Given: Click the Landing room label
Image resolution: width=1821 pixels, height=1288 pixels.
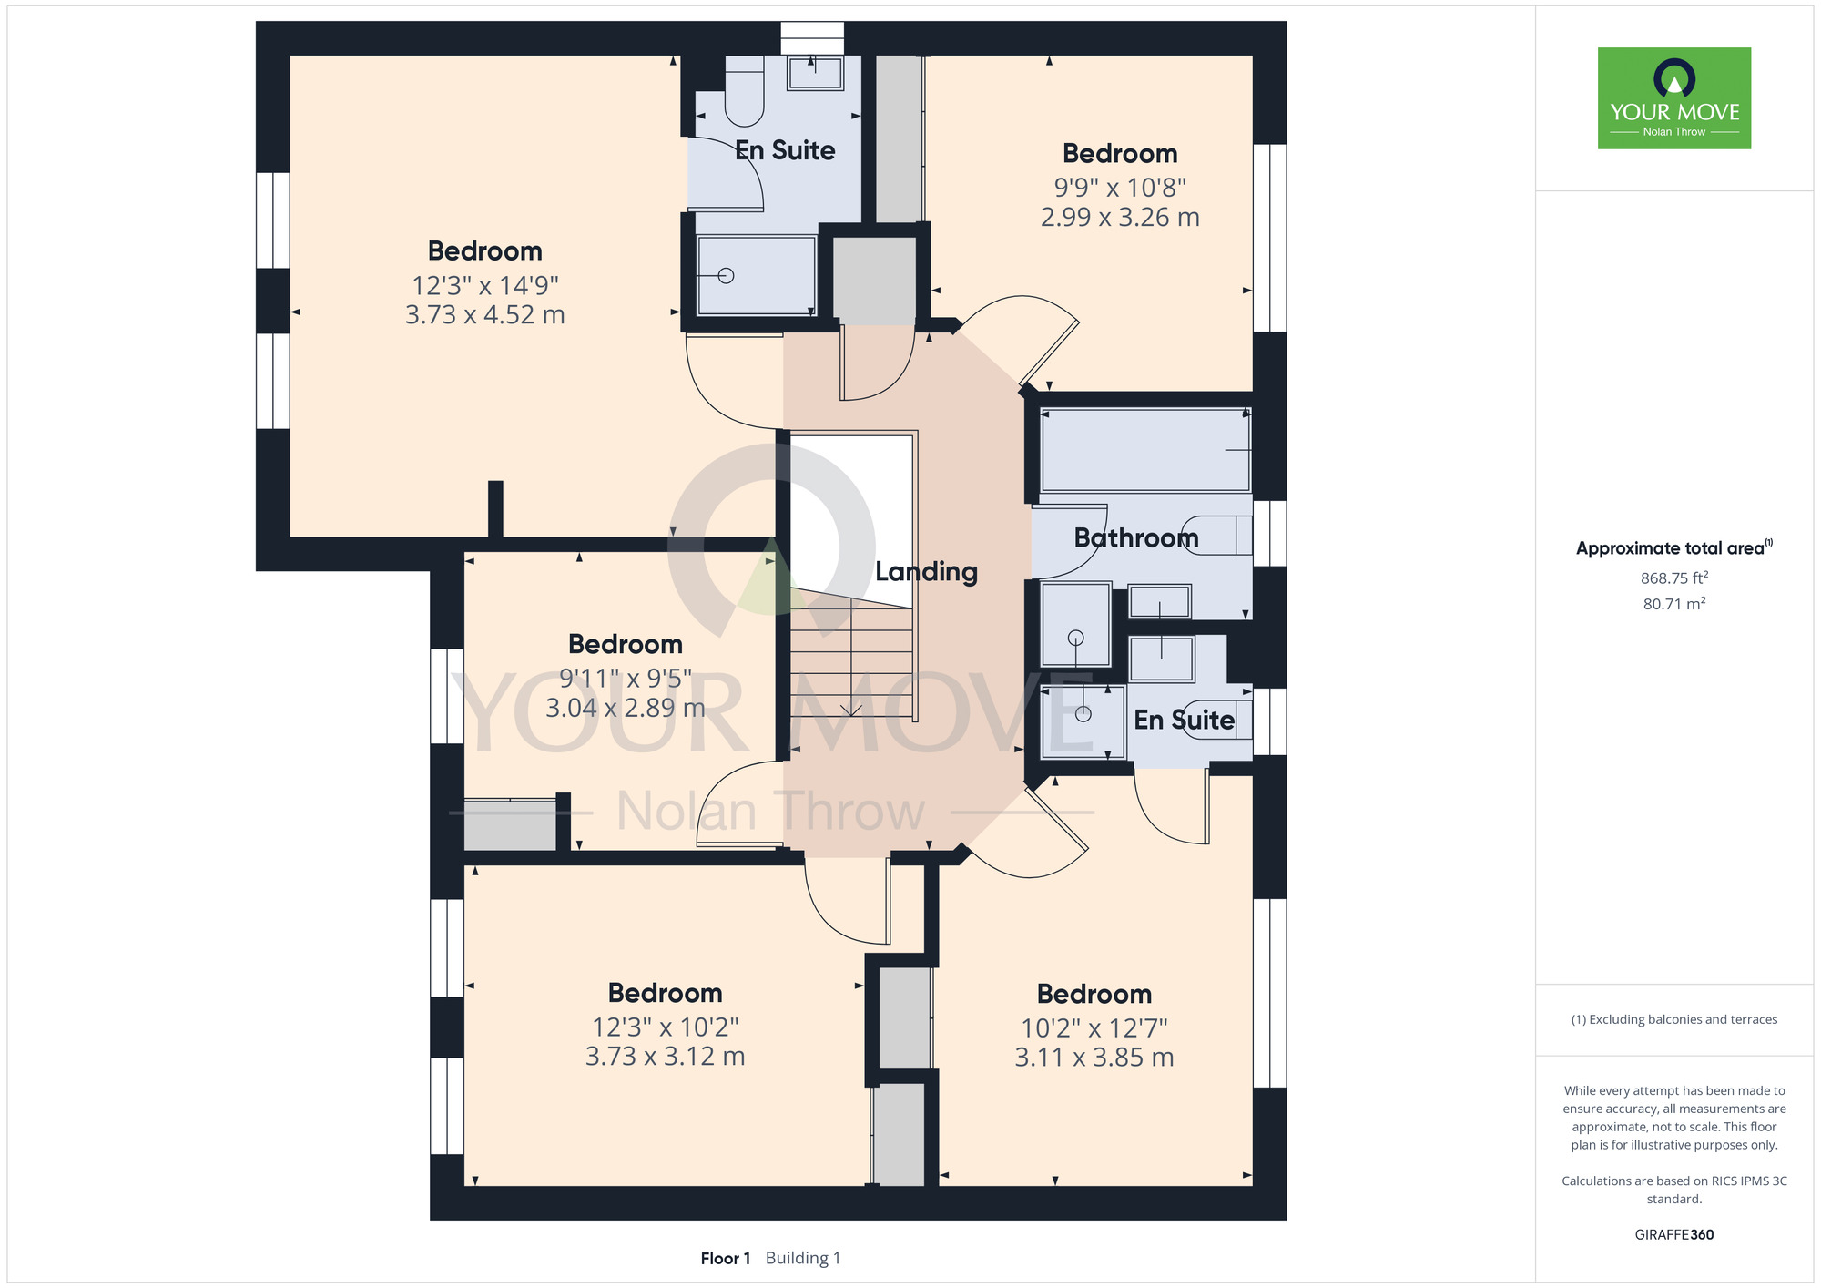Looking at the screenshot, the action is tap(926, 572).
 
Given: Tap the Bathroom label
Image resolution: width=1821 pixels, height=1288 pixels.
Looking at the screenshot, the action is tap(1136, 537).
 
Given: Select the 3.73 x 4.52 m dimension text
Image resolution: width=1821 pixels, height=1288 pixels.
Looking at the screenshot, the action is tap(485, 315).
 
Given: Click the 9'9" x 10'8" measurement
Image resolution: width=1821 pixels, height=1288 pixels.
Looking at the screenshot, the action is tap(1120, 188).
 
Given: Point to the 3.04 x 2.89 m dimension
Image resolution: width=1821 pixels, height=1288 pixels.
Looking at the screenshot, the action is tap(626, 708).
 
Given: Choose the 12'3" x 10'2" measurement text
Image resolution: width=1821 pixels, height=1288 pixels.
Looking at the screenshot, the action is tap(666, 1027).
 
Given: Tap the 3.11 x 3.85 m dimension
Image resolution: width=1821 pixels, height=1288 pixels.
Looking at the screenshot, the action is tap(1094, 1058).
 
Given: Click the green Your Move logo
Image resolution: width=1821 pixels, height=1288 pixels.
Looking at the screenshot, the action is tap(1674, 98).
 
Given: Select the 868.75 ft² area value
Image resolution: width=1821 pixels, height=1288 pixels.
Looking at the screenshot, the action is tap(1674, 578).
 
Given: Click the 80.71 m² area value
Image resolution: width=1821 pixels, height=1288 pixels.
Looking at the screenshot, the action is tap(1674, 603).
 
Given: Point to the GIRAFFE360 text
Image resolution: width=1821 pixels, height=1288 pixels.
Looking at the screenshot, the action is tap(1674, 1235).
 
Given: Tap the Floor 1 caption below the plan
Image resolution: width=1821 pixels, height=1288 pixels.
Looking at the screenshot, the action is tap(726, 1258).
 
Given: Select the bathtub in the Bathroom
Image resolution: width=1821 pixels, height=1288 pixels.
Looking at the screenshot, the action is tap(1145, 450).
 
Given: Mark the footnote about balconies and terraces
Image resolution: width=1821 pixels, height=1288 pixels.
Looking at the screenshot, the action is tap(1674, 1019).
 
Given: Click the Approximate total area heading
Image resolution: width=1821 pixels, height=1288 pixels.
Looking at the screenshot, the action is tap(1674, 547).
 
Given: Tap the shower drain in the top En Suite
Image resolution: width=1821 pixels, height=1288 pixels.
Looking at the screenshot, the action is tap(726, 275).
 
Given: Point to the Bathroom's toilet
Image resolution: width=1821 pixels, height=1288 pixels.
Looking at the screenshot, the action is tap(1216, 536).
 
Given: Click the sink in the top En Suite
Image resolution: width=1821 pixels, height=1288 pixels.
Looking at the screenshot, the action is tap(815, 73).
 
